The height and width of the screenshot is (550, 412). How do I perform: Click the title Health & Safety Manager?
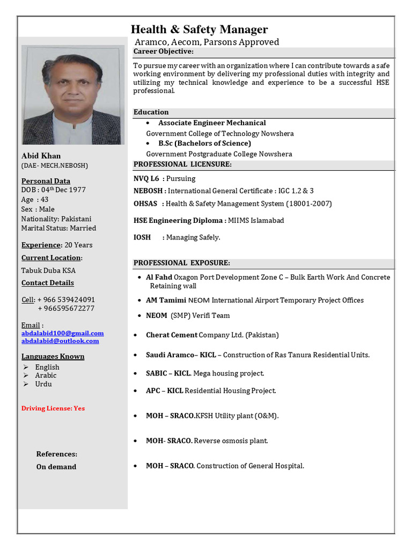tap(199, 29)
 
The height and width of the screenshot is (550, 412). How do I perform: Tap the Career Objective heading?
tap(163, 52)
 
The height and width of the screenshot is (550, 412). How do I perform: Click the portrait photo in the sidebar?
tap(73, 95)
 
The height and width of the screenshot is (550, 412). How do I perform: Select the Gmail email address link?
tap(62, 333)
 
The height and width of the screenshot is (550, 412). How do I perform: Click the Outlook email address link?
tap(60, 341)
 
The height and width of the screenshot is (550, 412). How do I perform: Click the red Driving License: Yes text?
tap(53, 408)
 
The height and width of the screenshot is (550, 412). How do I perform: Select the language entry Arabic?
tap(46, 375)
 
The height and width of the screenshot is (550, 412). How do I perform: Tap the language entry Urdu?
tap(43, 384)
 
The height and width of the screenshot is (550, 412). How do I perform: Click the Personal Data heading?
tap(46, 181)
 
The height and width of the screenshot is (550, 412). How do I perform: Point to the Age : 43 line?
tap(35, 199)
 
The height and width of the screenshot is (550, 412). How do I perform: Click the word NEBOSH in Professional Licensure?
tap(148, 191)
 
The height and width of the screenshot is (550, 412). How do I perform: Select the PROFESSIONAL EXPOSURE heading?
tap(181, 263)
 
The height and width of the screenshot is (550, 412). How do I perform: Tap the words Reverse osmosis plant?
tap(231, 441)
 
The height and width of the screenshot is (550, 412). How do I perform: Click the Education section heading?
tap(151, 112)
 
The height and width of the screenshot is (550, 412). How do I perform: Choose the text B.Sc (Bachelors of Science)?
tap(204, 143)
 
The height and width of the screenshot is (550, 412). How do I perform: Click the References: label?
tap(57, 454)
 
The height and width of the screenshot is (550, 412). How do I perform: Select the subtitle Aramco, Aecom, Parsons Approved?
tap(207, 42)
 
